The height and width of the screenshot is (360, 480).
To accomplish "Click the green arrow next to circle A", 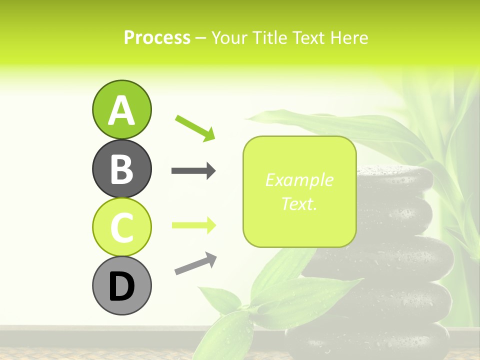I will click(x=195, y=127).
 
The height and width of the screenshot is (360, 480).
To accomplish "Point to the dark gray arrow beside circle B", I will click(x=193, y=171).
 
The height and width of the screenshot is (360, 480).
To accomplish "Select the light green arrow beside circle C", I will click(x=193, y=225).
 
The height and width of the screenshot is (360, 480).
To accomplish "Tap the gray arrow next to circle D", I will click(x=195, y=263).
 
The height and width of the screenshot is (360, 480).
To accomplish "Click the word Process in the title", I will click(x=157, y=38).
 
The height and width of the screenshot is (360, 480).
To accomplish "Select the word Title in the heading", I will click(x=270, y=38).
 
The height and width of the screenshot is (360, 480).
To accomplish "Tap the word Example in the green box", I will click(x=299, y=180).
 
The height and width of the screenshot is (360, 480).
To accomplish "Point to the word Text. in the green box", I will click(x=299, y=204).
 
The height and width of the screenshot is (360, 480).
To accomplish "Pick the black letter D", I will click(x=121, y=286).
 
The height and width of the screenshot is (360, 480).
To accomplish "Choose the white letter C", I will click(x=121, y=227).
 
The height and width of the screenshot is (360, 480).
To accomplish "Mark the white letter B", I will click(x=121, y=169).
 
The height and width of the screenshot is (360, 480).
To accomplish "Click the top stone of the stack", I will click(x=395, y=177).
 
